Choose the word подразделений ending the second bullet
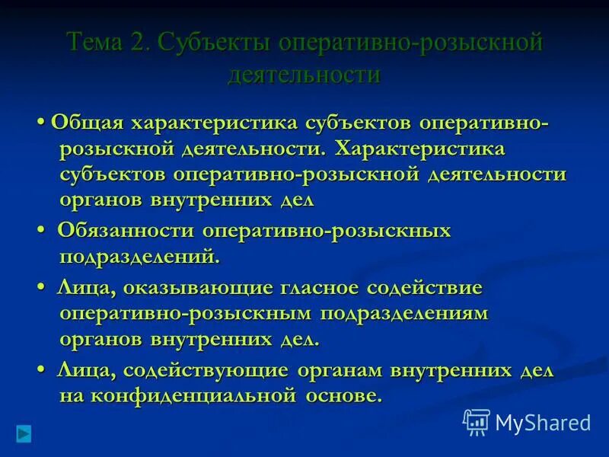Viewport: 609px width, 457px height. point(139,257)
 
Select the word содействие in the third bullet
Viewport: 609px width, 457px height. point(425,289)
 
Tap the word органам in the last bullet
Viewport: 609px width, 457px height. point(340,370)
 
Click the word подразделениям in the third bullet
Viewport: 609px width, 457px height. point(404,314)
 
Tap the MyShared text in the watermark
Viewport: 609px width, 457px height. point(543,422)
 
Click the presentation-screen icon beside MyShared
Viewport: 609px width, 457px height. point(477,421)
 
